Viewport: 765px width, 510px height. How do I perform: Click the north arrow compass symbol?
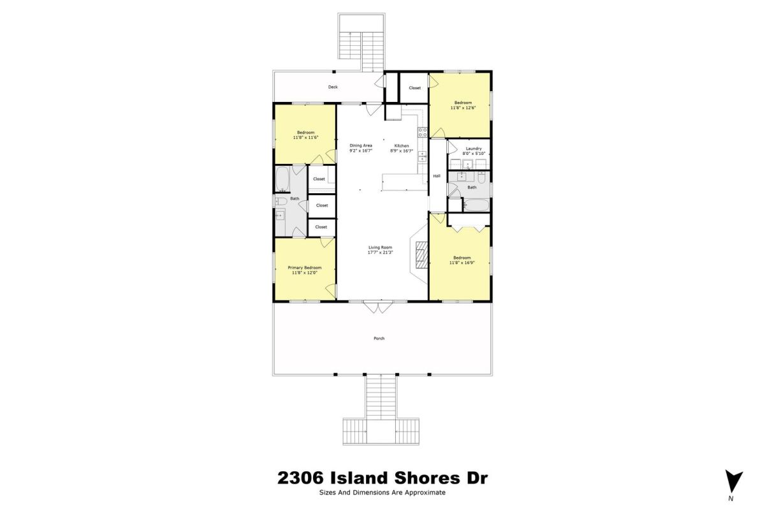pos(734,483)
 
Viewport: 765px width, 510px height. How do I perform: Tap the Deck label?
pos(333,87)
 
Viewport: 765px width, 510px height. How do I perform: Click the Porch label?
pos(379,339)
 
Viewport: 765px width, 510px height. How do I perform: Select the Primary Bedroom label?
pos(305,268)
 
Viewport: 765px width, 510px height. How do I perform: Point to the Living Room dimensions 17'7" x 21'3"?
pos(381,252)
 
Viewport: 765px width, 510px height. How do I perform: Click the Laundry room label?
pos(474,149)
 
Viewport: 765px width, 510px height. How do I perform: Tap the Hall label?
pos(437,176)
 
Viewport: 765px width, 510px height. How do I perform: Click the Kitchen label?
pos(402,146)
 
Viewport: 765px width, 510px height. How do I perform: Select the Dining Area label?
pos(361,145)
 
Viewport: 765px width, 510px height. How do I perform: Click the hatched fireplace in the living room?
pos(422,254)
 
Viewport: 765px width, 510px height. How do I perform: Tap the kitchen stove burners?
pos(423,132)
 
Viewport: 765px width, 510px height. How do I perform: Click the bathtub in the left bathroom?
pos(282,179)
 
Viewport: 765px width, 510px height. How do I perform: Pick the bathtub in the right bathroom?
pos(476,206)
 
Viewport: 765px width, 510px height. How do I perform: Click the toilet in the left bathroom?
pos(280,201)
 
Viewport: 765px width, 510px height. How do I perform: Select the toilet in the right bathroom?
pos(481,177)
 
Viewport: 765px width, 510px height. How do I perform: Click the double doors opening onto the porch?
pos(378,307)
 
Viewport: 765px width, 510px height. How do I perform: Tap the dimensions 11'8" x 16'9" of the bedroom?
pos(462,263)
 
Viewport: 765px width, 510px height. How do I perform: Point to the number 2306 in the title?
pos(300,478)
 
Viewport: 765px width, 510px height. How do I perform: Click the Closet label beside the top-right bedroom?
pos(415,88)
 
